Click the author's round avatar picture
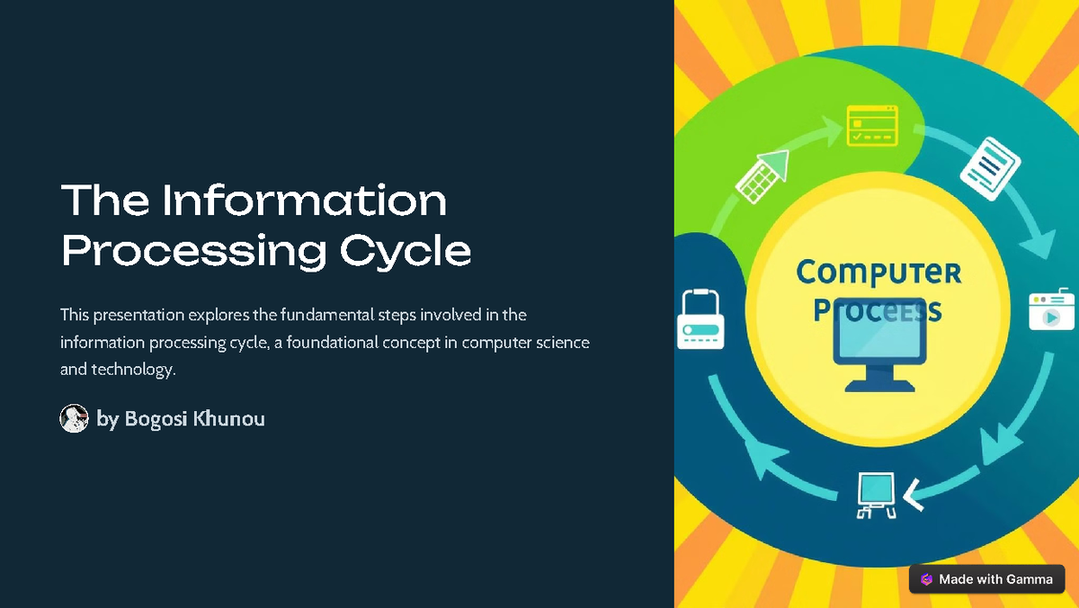tap(74, 418)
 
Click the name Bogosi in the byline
tap(154, 419)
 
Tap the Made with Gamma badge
tap(986, 579)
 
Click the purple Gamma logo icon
tap(926, 579)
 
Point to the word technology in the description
tap(132, 370)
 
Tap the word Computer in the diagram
tap(878, 273)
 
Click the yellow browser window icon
tap(872, 125)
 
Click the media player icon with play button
tap(1050, 309)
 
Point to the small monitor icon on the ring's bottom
tap(874, 495)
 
